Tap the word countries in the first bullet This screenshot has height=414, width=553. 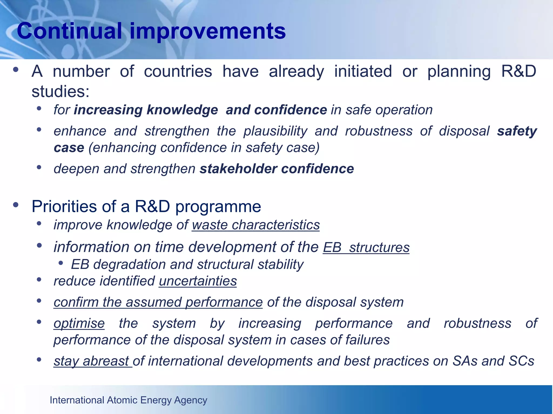coord(178,72)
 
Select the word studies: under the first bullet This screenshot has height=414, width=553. coord(60,92)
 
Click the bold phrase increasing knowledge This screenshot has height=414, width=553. coord(146,110)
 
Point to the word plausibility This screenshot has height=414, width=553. coord(275,131)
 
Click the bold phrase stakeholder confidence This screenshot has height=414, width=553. coord(277,169)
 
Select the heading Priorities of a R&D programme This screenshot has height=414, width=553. coord(146,207)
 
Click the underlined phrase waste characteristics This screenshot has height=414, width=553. coord(256,225)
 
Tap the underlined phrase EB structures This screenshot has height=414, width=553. coord(366,247)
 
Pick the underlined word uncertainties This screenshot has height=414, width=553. coord(198,281)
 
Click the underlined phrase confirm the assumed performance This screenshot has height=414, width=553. coord(158,302)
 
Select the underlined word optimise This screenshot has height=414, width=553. coord(79,323)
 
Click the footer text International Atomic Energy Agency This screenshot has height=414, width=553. coord(128,400)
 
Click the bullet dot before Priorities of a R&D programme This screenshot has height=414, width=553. coord(16,205)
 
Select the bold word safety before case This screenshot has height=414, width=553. coord(517,131)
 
